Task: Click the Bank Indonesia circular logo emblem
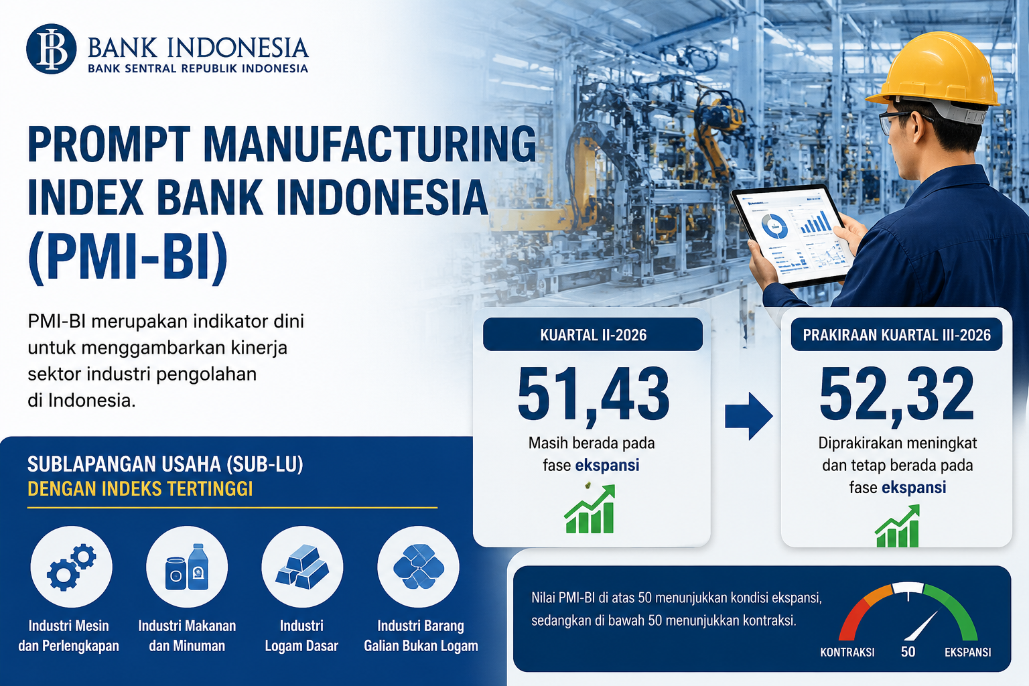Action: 51,49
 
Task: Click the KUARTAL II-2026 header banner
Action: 593,334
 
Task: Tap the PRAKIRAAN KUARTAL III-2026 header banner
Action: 896,334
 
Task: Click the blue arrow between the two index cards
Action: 748,416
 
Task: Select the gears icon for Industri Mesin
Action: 71,567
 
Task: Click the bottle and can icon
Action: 187,567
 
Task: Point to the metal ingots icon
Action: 302,567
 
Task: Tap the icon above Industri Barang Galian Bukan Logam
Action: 419,567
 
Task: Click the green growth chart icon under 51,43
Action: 590,509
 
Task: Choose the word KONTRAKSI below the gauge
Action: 847,652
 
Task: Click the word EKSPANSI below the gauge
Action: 968,652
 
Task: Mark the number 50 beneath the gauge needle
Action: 908,652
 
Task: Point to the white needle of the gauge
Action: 921,626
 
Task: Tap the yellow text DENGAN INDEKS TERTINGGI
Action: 140,489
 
